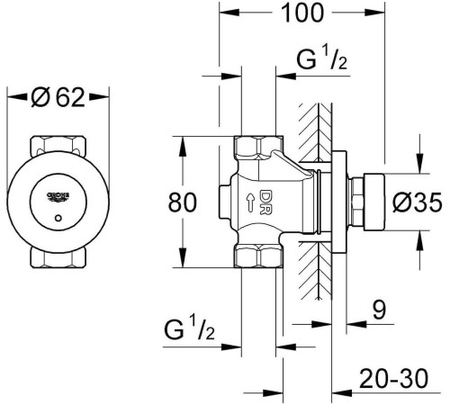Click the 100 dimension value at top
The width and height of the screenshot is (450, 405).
click(302, 13)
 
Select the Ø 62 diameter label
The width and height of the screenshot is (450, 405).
click(58, 97)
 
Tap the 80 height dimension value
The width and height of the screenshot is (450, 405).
click(183, 202)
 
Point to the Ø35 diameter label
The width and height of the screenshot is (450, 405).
click(418, 202)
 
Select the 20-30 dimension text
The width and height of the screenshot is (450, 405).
click(394, 379)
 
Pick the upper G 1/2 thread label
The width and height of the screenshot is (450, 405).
click(322, 58)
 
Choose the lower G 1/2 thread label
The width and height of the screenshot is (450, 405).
click(189, 328)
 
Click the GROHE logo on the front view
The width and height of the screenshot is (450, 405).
click(58, 196)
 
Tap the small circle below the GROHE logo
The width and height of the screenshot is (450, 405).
click(58, 218)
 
